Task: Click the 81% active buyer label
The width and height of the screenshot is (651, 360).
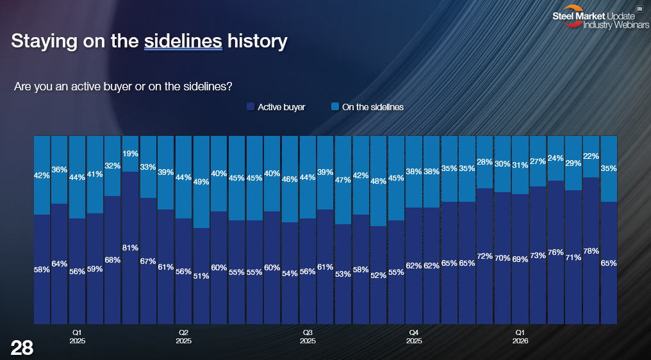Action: [x=130, y=248]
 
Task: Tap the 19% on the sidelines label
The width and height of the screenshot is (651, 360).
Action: [x=130, y=154]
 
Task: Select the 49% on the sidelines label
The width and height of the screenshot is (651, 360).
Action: [x=201, y=182]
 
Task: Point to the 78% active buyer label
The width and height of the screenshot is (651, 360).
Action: [x=591, y=250]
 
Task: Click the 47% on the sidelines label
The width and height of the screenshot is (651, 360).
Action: [x=343, y=180]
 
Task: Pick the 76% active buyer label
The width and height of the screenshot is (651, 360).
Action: [x=556, y=252]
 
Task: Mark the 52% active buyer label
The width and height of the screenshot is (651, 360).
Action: [x=378, y=275]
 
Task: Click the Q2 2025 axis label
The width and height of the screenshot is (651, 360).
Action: [x=183, y=337]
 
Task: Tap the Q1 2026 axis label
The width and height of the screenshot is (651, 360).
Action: [x=520, y=337]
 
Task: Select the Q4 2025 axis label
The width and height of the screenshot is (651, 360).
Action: [x=414, y=337]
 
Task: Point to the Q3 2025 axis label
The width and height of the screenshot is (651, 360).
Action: [x=308, y=337]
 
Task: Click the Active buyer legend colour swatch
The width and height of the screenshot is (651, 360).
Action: [x=251, y=107]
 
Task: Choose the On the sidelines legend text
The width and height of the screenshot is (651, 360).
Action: [x=373, y=107]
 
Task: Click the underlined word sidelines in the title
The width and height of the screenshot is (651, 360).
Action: [x=183, y=42]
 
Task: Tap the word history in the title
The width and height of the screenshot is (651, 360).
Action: [x=258, y=42]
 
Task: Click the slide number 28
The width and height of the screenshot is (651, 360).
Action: [x=22, y=348]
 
